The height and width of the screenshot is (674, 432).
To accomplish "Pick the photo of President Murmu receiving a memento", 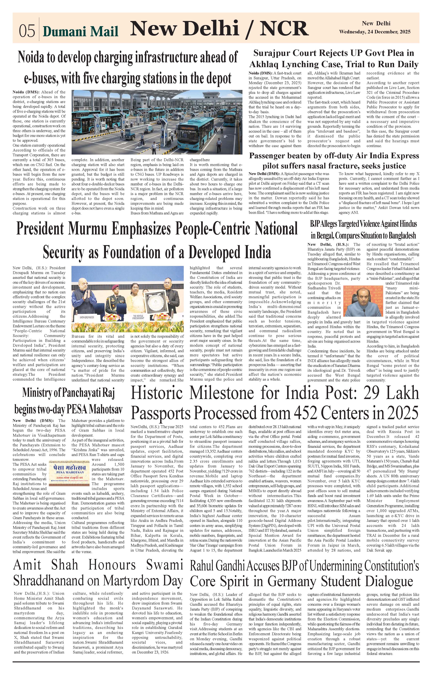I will [128, 299].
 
